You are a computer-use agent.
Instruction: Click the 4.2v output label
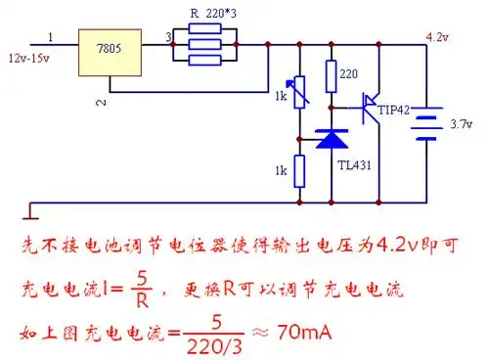(x=438, y=36)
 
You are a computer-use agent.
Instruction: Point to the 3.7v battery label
(x=460, y=124)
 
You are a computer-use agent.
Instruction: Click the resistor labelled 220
(x=332, y=75)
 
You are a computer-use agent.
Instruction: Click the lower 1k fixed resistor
(x=298, y=172)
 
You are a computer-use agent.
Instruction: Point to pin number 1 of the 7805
(x=51, y=37)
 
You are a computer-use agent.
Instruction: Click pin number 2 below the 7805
(x=98, y=102)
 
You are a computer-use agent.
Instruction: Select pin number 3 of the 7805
(x=168, y=37)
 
